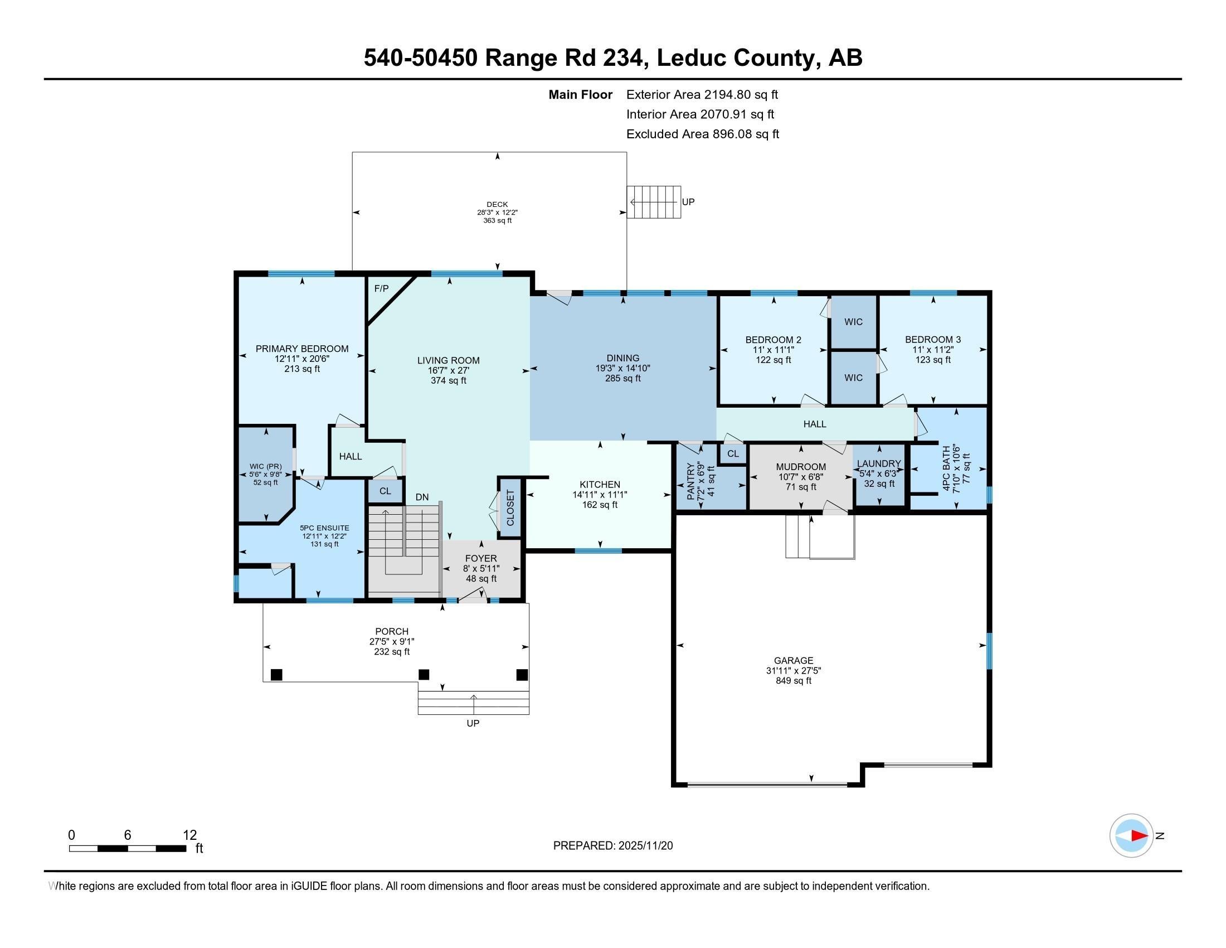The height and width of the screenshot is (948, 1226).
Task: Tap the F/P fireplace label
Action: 381,289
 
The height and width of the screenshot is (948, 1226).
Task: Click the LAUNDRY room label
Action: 878,463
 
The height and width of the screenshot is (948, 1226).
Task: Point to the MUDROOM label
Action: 800,467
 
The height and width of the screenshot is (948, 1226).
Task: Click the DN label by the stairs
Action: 422,497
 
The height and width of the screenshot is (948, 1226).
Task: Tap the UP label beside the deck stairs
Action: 688,202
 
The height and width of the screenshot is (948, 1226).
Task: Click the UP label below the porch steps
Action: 473,723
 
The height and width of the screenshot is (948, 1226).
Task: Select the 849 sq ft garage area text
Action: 793,681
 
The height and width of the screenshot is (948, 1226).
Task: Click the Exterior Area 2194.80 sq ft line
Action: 702,94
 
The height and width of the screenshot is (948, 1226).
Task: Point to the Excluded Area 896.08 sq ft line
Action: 703,134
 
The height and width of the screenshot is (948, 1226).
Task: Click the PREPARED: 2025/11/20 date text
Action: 613,846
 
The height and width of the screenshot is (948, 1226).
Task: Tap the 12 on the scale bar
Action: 190,835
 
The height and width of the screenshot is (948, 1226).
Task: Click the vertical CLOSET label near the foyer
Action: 510,507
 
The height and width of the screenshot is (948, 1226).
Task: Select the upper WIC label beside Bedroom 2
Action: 853,322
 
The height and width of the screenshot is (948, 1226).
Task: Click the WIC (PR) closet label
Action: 265,466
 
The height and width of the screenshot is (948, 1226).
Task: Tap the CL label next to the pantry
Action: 733,454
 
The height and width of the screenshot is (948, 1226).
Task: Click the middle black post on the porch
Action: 424,675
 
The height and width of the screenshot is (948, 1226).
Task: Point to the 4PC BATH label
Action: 946,469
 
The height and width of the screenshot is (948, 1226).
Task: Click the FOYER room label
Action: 481,558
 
